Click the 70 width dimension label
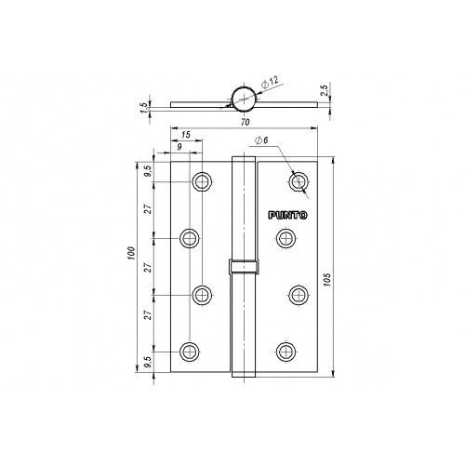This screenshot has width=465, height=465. point(245,123)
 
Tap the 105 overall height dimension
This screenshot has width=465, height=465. point(328,279)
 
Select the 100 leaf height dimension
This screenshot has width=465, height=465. point(131,253)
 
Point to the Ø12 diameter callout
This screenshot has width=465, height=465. point(270,82)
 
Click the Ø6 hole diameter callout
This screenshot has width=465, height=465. point(261,140)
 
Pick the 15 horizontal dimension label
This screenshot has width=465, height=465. point(186,135)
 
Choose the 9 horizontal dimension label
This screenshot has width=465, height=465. point(179,147)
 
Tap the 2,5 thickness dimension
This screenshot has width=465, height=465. point(325,90)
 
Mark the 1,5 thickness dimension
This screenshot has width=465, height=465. point(144,108)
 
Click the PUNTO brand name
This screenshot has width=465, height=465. point(287,215)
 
